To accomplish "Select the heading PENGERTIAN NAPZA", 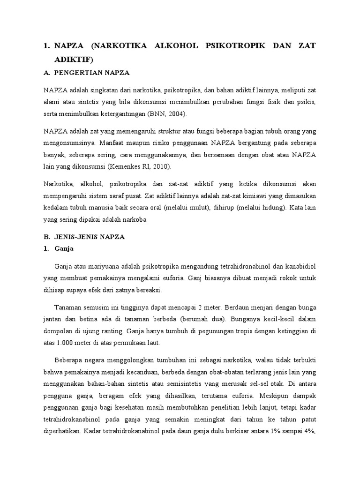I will tap(92, 73).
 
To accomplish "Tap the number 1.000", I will tap(66, 343).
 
